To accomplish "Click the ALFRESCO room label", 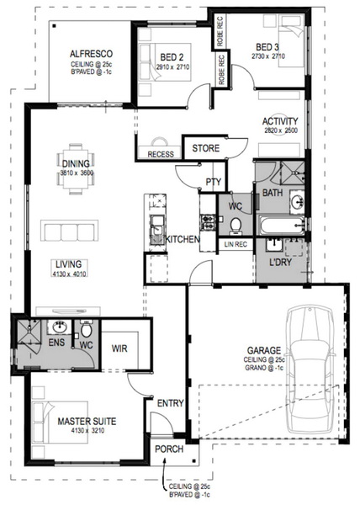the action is click(x=91, y=54).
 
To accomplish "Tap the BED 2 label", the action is click(x=172, y=57).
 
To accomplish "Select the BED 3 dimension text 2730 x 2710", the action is click(x=268, y=56).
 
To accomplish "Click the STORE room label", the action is click(x=205, y=148).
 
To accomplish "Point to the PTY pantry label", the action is click(x=214, y=182).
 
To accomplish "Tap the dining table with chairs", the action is click(x=76, y=169).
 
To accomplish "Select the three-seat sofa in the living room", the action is click(x=69, y=231).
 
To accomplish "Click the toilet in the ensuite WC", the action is click(x=87, y=329).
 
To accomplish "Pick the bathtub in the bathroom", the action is click(x=282, y=226).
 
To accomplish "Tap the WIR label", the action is click(x=119, y=348).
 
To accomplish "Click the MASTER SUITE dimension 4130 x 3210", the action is click(x=87, y=431).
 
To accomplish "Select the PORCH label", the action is click(x=169, y=449).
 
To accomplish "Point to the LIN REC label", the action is click(x=236, y=244).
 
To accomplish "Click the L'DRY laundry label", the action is click(x=280, y=262).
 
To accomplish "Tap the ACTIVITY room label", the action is click(x=280, y=121).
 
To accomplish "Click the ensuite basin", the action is click(x=59, y=328).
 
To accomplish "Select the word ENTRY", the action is click(x=170, y=403).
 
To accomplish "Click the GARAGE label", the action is click(x=264, y=350).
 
